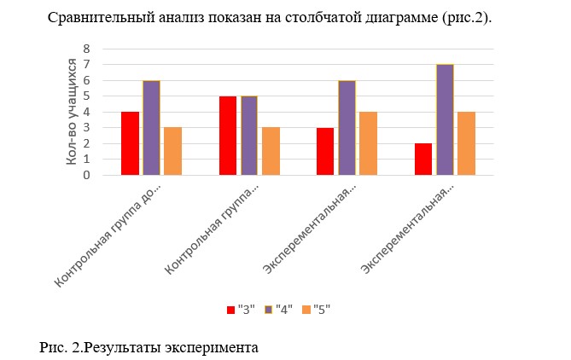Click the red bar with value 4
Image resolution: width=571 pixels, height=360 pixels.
[130, 143]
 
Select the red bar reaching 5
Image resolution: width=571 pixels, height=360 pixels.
[227, 136]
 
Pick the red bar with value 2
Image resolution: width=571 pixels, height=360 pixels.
[423, 160]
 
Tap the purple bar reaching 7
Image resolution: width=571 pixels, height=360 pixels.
[445, 119]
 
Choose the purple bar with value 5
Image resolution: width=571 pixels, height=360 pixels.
[248, 136]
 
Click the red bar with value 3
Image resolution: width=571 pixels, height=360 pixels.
[325, 152]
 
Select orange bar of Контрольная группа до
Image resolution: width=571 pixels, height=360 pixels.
[172, 152]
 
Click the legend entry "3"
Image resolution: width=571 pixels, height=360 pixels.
[242, 310]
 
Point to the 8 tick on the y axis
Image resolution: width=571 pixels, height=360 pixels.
[86, 49]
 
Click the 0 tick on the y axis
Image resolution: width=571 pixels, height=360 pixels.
[86, 176]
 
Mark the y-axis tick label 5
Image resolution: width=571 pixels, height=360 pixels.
[86, 96]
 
